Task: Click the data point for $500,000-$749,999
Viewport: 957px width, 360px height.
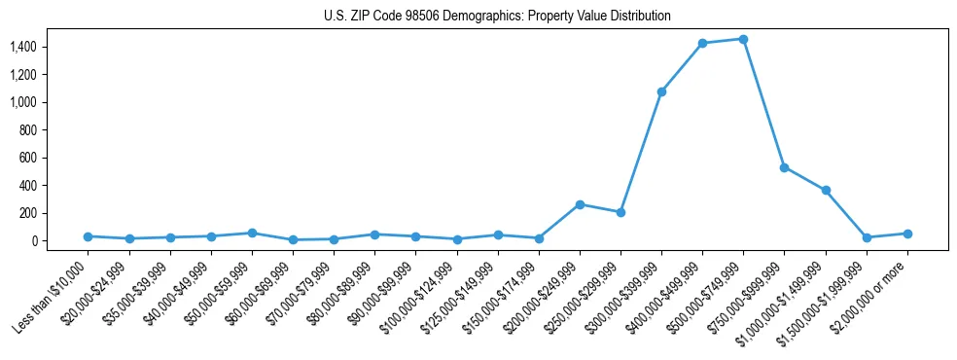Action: click(x=743, y=39)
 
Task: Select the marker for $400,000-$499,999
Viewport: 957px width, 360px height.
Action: click(x=702, y=43)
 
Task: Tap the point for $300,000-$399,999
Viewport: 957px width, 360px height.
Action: click(x=661, y=91)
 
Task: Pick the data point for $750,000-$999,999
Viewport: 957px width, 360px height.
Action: click(x=784, y=167)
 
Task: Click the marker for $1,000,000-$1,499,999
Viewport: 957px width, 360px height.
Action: click(x=826, y=191)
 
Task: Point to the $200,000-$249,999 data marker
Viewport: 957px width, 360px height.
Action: click(x=580, y=204)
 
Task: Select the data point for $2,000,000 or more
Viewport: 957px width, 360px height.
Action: click(x=907, y=234)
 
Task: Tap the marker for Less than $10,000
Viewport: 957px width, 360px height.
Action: click(x=89, y=236)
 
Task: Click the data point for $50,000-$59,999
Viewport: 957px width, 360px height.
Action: click(x=252, y=233)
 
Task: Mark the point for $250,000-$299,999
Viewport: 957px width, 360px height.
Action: click(x=620, y=212)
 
